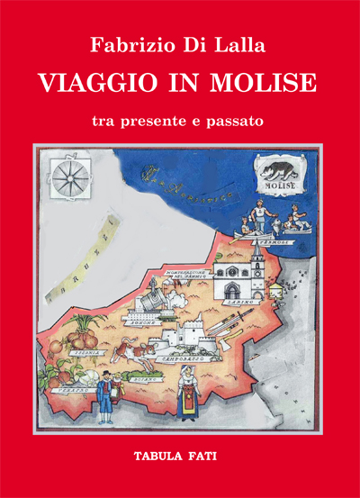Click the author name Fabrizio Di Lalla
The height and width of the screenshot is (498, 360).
179,43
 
